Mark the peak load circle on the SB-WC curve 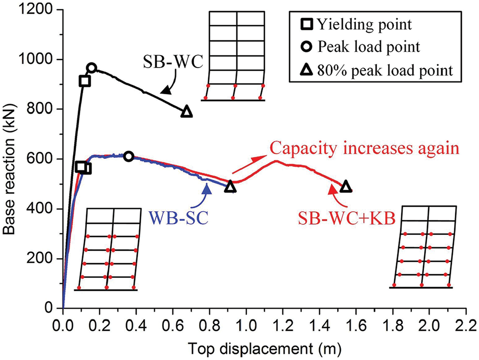tap(91, 68)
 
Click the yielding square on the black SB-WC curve tap(84, 81)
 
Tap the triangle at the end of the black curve tap(187, 112)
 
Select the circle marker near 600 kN tap(129, 156)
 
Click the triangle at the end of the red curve tap(345, 187)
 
